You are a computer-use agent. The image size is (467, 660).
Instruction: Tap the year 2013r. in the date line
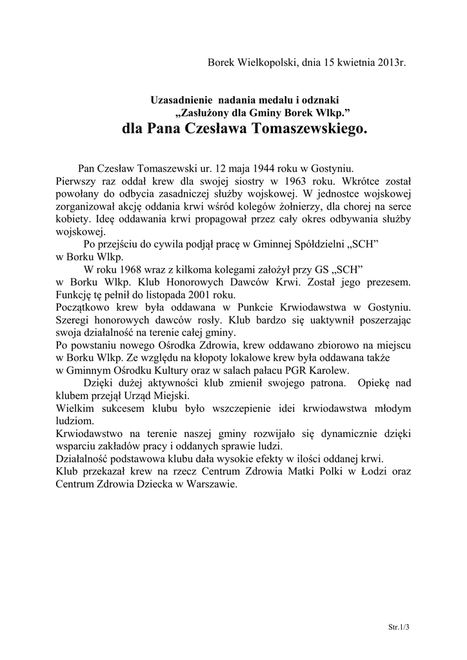389,62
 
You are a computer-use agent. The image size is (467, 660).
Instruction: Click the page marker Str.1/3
399,626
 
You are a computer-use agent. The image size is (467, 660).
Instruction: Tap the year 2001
185,295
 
